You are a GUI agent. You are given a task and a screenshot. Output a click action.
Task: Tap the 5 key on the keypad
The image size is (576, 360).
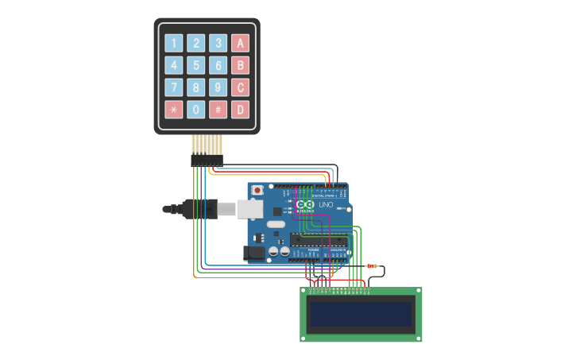point(195,65)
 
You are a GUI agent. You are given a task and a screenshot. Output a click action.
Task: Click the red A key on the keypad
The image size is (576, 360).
point(240,43)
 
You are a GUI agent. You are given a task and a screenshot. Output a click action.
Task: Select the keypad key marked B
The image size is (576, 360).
point(240,65)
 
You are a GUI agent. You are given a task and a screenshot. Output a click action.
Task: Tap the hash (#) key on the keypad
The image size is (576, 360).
point(218,110)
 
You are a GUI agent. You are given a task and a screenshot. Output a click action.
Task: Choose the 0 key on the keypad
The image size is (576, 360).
point(195,110)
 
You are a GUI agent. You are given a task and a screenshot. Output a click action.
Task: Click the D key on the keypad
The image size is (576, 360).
point(240,110)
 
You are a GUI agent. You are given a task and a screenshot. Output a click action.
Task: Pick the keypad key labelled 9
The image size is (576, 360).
point(218,87)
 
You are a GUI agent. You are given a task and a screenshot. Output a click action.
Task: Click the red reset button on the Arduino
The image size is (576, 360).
point(257,192)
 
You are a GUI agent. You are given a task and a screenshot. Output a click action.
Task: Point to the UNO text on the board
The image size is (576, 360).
point(326,205)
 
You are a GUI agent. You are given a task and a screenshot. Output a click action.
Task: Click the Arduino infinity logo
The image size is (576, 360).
point(306,205)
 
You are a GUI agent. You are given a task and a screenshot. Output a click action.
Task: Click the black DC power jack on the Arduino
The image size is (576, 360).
point(254,253)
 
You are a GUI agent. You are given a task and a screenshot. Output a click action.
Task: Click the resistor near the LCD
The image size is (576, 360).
point(372,265)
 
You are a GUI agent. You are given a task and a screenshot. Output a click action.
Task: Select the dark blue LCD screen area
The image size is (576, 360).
point(361,315)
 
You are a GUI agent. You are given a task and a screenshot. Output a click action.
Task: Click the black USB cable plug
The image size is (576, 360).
point(199,209)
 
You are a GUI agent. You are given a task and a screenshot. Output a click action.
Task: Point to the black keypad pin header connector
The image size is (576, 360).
point(207,161)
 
